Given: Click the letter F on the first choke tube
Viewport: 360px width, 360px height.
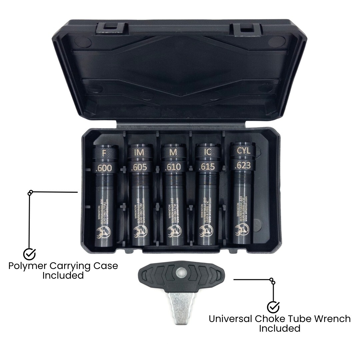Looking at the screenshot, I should pos(104,154).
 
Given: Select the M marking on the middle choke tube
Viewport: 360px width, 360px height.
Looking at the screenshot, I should pos(173,153).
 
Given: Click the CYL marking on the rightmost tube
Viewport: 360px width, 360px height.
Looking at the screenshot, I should pos(243,151).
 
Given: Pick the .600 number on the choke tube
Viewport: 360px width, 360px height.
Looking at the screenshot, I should pos(104,168).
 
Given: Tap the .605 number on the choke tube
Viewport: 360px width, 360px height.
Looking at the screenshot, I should pos(139,168).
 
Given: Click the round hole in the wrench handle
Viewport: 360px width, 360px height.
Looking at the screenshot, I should pos(181,273).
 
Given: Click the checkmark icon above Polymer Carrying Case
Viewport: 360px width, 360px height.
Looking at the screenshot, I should pos(29,254).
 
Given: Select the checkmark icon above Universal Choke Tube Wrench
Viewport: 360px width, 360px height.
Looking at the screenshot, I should pos(273,307).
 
